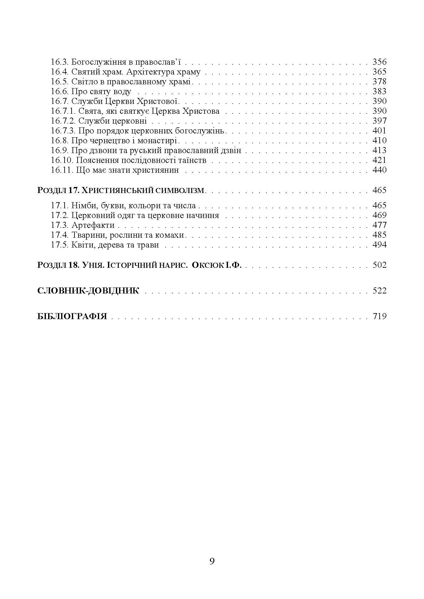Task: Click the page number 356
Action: (379, 62)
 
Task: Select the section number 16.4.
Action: (60, 72)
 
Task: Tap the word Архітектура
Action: (149, 72)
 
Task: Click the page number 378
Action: (379, 82)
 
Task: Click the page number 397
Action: (379, 121)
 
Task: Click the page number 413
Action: (379, 151)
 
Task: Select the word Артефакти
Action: (93, 225)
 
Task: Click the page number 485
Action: (379, 235)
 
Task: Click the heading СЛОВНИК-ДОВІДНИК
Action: (88, 291)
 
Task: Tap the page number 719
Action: (379, 316)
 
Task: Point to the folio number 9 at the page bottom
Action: (212, 561)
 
